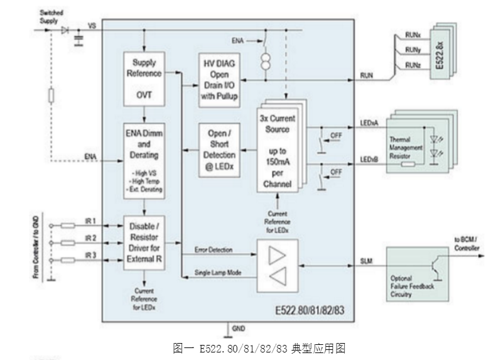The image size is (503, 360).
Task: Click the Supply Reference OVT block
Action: coord(144,80)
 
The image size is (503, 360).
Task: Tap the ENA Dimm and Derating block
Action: coord(144,160)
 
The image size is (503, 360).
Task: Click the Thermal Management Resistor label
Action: coord(406,147)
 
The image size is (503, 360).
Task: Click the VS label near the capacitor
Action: coord(92,27)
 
